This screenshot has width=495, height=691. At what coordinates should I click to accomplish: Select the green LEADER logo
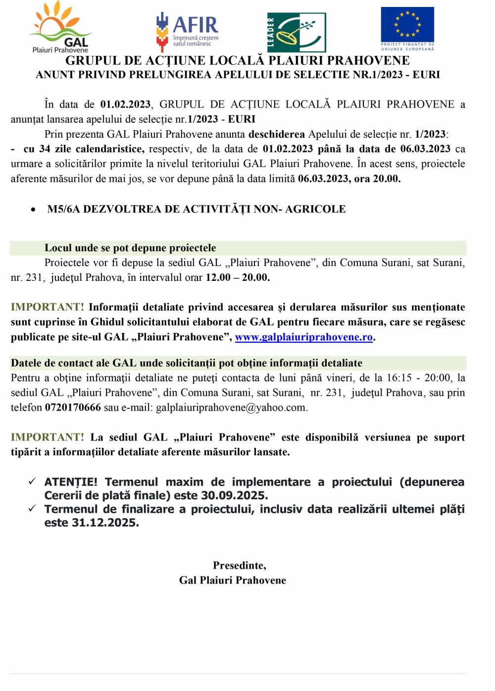click(x=297, y=32)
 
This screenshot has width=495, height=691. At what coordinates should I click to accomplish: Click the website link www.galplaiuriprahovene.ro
click(x=303, y=337)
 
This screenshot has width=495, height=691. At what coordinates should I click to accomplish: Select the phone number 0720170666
click(x=73, y=407)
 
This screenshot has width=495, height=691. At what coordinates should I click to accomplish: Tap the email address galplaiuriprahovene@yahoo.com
click(x=231, y=407)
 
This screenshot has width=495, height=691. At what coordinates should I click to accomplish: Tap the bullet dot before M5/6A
click(x=33, y=210)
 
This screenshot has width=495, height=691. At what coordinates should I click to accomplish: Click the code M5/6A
click(x=63, y=209)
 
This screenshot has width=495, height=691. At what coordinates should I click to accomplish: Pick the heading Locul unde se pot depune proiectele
click(x=130, y=248)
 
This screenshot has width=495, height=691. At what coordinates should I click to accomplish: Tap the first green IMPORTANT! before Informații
click(x=48, y=307)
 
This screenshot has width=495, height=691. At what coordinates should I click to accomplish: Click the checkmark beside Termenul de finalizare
click(x=32, y=508)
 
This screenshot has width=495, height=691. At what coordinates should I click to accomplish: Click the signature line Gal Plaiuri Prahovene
click(x=233, y=580)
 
